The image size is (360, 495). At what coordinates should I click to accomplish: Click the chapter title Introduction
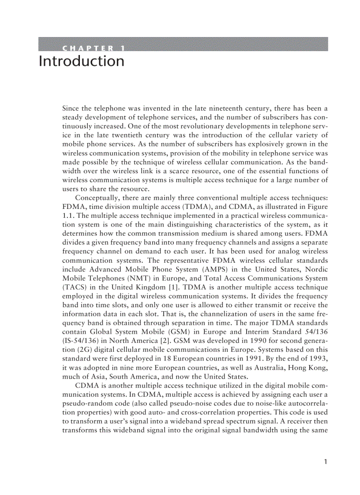82,61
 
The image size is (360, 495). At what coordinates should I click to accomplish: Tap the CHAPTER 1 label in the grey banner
93,48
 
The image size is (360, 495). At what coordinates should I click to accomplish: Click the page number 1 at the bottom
325,462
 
